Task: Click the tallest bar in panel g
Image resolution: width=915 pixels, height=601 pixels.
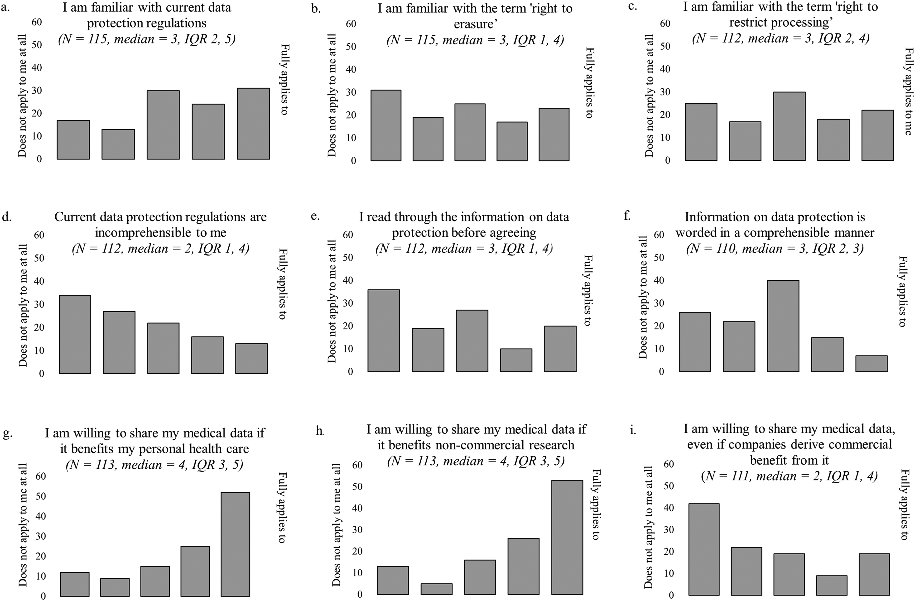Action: click(x=235, y=544)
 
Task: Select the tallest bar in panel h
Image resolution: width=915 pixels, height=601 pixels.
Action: click(x=567, y=537)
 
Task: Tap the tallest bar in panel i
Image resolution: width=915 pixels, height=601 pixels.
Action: click(x=704, y=549)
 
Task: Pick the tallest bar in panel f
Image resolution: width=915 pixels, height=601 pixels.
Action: click(x=783, y=326)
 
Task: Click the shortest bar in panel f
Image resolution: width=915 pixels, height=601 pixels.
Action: click(x=872, y=364)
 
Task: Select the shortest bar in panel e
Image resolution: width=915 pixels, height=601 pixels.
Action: click(x=516, y=360)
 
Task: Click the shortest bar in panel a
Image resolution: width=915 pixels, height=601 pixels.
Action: click(x=118, y=144)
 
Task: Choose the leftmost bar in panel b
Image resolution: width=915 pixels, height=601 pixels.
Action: click(x=386, y=125)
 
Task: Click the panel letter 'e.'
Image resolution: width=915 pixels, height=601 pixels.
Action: click(x=315, y=216)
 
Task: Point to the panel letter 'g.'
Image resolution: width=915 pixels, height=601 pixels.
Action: click(x=7, y=434)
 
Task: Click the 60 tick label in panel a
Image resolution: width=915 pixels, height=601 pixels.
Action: click(x=37, y=22)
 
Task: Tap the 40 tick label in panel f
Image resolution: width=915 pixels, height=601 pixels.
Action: click(x=659, y=280)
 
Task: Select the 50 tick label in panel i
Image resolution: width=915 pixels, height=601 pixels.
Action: click(x=669, y=486)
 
